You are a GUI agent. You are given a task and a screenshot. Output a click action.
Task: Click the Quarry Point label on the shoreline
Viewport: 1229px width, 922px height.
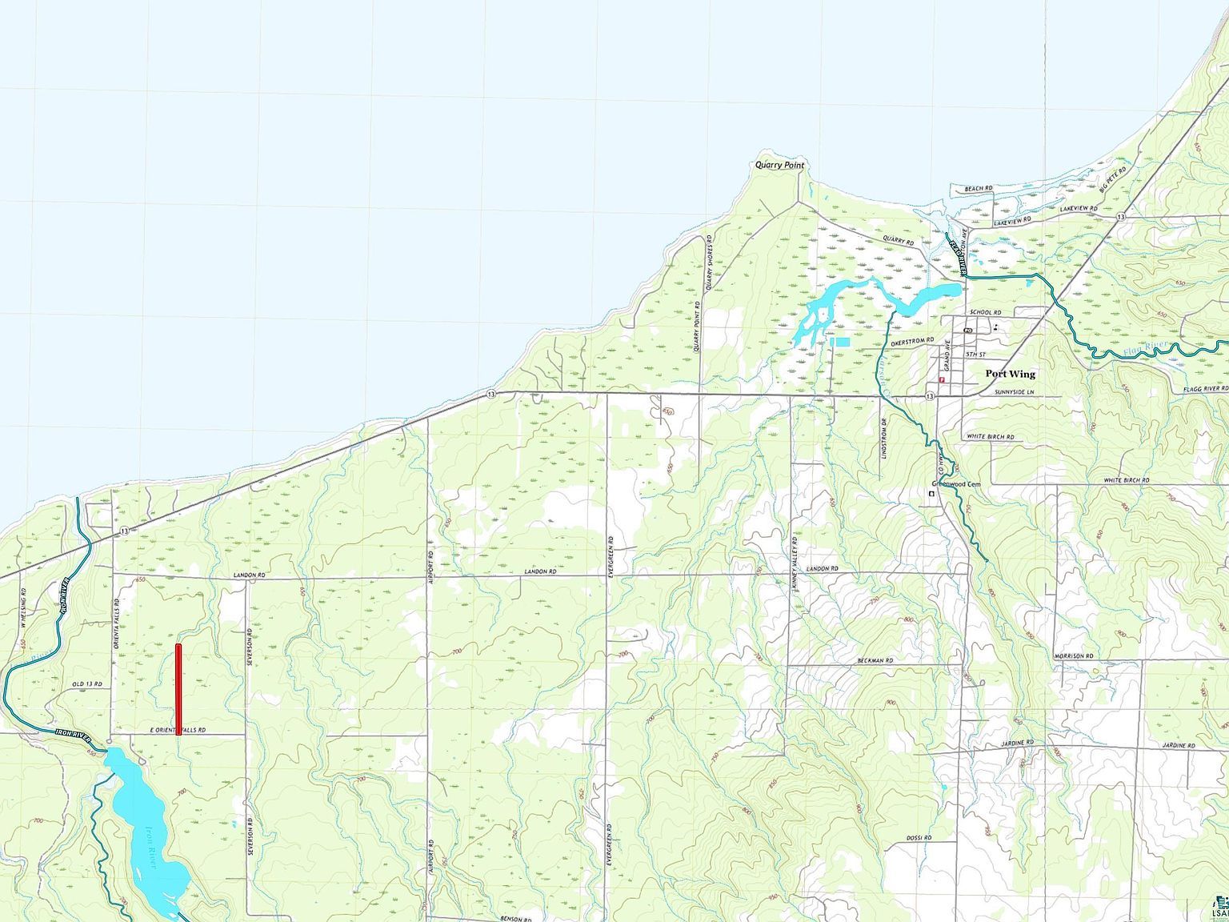(779, 165)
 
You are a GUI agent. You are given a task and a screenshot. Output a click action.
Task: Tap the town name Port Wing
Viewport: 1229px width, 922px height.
(1010, 374)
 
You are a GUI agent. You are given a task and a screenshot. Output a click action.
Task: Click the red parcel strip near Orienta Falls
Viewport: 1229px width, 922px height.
(178, 688)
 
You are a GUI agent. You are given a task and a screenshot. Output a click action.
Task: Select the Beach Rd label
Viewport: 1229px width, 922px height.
(978, 189)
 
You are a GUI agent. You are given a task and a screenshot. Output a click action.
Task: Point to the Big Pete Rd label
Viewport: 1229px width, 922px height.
(1113, 180)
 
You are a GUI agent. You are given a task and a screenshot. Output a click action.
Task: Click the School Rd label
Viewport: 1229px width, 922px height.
(985, 312)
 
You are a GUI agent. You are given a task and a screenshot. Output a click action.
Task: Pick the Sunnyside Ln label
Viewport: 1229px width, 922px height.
(1014, 392)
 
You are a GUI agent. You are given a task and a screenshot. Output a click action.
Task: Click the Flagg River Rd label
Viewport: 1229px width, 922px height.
(1206, 389)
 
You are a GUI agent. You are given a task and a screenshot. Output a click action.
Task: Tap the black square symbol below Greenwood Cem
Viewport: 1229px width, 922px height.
(931, 494)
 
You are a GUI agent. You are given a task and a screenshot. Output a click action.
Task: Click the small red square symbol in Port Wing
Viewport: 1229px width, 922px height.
(943, 380)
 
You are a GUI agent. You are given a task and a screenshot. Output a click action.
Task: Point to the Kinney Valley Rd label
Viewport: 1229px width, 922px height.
(795, 563)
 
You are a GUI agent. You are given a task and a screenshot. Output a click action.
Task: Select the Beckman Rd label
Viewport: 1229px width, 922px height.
(875, 660)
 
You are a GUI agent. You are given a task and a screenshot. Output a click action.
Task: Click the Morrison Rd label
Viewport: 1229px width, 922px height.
(1073, 656)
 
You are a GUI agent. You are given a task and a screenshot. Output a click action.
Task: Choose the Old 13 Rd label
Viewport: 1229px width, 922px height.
(87, 684)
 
